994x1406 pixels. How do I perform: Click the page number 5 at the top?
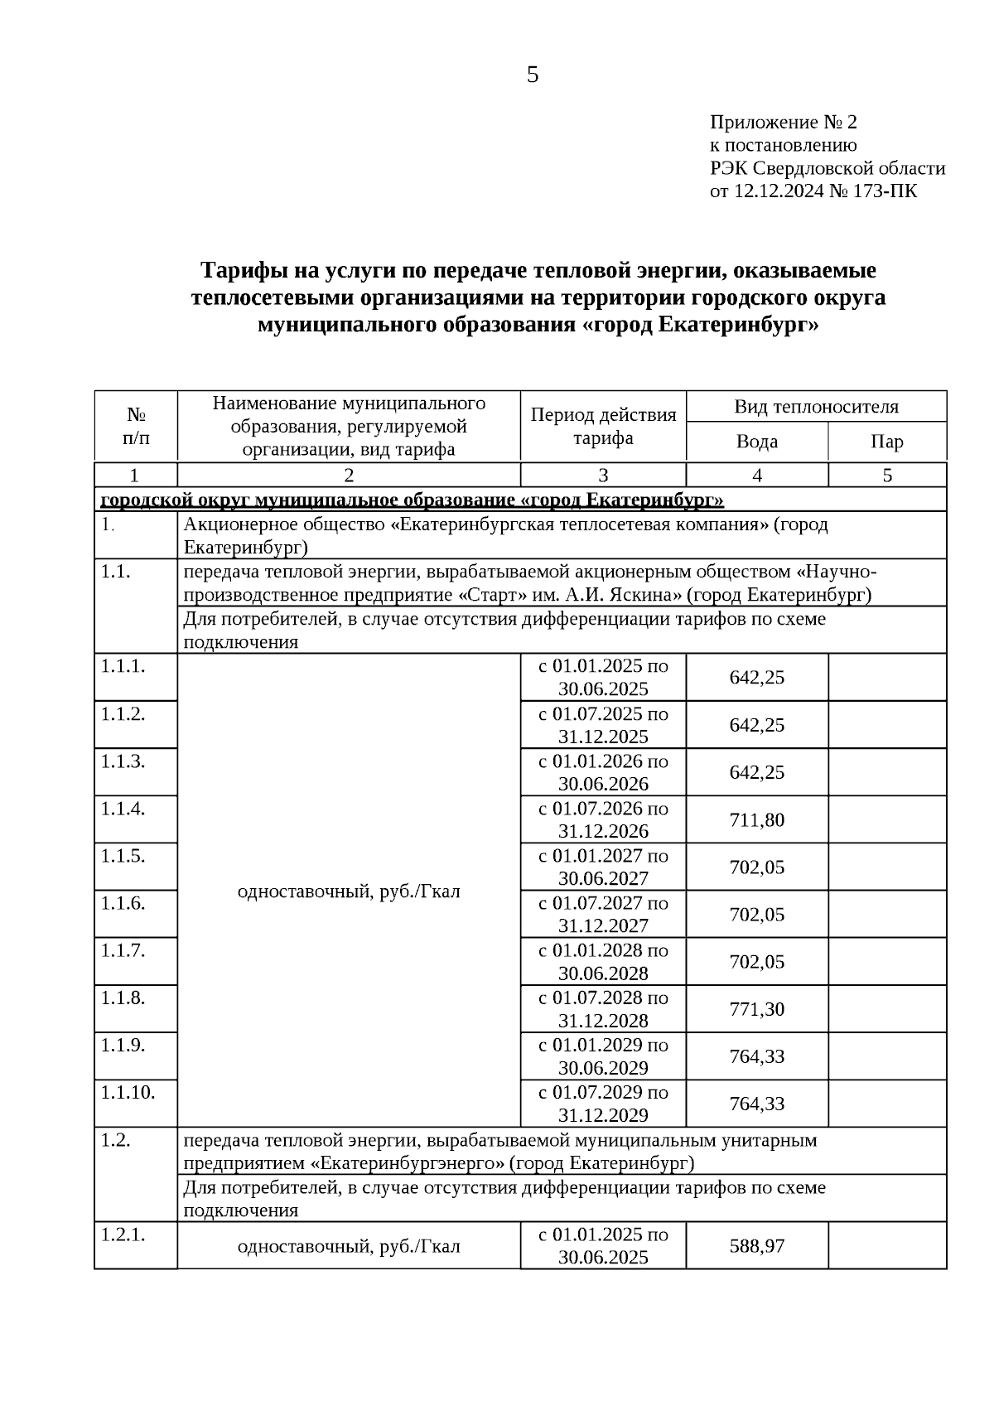[532, 75]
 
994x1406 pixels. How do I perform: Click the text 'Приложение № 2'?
[783, 123]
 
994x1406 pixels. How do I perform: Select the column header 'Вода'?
[756, 442]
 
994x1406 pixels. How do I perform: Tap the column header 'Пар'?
[886, 442]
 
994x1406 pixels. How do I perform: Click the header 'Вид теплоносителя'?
[815, 407]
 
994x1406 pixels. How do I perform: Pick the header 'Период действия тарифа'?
[603, 426]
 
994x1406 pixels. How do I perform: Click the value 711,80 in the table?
[756, 820]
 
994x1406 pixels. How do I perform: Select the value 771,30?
[756, 1009]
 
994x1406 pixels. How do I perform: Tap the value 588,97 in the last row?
[756, 1246]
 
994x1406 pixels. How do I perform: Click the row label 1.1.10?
[128, 1092]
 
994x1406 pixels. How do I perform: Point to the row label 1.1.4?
[123, 808]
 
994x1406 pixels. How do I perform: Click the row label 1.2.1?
[123, 1234]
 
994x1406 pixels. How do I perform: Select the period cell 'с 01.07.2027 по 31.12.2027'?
[603, 914]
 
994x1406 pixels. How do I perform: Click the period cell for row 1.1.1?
[603, 677]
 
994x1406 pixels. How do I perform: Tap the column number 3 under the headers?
[603, 476]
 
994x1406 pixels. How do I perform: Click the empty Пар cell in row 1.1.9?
[886, 1056]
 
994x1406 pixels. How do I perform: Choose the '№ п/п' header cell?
[136, 426]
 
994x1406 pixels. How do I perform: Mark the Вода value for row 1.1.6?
[756, 915]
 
